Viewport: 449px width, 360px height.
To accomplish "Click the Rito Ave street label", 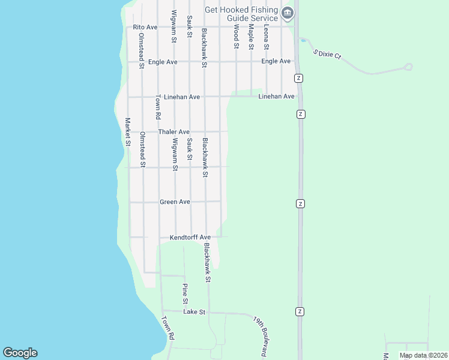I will [145, 27].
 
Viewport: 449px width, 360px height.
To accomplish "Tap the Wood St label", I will [236, 37].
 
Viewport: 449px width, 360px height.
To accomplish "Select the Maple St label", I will [252, 37].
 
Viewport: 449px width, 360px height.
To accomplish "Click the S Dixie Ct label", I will [327, 54].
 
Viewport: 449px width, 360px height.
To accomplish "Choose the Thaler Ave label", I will [173, 131].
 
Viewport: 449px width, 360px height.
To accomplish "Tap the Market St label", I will [128, 131].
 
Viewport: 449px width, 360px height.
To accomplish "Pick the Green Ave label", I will [175, 202].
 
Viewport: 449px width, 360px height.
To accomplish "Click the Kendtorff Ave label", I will [190, 237].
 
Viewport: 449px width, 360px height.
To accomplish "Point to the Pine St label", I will [185, 293].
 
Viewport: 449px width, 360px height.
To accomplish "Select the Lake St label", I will [194, 312].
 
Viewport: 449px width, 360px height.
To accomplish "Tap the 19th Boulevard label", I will [260, 338].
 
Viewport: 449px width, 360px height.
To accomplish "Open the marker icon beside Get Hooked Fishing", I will [288, 13].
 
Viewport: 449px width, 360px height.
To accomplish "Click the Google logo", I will [20, 353].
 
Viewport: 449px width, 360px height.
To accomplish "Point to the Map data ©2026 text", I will [423, 355].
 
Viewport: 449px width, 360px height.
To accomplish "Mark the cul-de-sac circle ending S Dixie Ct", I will [408, 67].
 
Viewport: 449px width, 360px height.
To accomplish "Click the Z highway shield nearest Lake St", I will [300, 311].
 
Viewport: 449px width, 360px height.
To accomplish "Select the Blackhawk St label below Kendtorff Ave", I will [207, 262].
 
